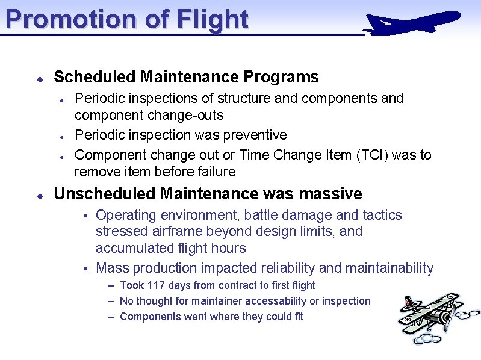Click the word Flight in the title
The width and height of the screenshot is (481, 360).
click(x=213, y=19)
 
